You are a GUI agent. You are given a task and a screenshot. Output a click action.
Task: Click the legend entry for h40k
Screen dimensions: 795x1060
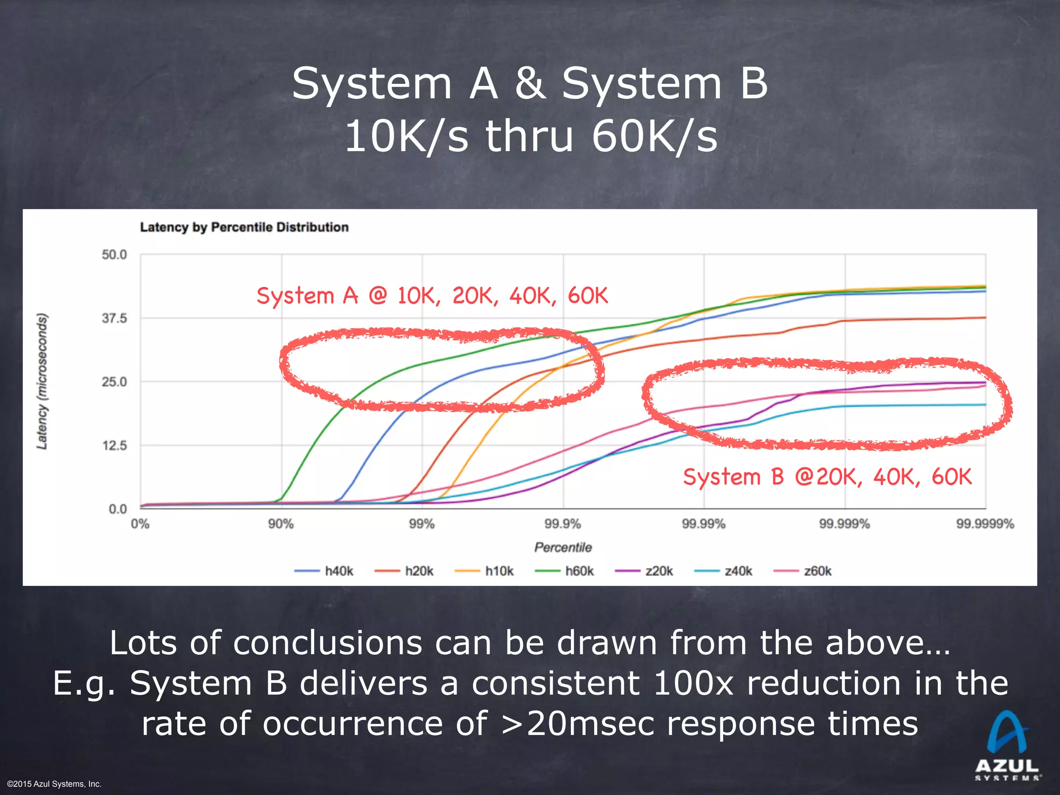325,571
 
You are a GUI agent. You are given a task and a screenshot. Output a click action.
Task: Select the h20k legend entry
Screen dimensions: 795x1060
404,571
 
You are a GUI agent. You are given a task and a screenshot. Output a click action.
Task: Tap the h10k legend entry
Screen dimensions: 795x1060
484,571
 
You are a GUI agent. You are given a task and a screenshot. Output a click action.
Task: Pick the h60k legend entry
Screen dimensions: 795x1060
565,571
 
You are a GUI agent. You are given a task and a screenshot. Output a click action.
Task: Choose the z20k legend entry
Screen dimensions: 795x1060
644,571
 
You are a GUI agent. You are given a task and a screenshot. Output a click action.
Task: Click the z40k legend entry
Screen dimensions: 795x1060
724,571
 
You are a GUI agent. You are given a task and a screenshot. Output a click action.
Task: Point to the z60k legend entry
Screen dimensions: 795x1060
803,571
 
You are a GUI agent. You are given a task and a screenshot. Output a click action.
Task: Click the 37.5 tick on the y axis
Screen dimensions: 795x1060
114,318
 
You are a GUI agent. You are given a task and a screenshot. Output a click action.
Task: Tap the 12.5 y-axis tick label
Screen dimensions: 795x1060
114,446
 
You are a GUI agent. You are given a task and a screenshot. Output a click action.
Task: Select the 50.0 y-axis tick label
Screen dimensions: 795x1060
114,255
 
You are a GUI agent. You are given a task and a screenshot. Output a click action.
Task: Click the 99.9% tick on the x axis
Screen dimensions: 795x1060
563,524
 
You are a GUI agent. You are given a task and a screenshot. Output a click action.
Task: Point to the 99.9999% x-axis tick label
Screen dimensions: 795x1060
985,524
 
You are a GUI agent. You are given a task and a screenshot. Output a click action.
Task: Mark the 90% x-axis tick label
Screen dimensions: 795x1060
281,524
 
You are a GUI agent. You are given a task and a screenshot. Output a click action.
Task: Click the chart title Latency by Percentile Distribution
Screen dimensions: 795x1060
244,227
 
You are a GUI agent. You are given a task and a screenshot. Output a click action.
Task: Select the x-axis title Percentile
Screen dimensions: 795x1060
563,548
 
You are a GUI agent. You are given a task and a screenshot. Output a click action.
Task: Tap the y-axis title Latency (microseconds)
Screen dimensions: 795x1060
42,381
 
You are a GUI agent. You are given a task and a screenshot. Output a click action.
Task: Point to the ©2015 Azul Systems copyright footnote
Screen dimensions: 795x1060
54,784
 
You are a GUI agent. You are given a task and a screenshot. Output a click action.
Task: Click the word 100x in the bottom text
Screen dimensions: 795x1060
694,683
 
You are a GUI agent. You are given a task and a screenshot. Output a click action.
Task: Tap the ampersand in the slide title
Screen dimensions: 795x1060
530,84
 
